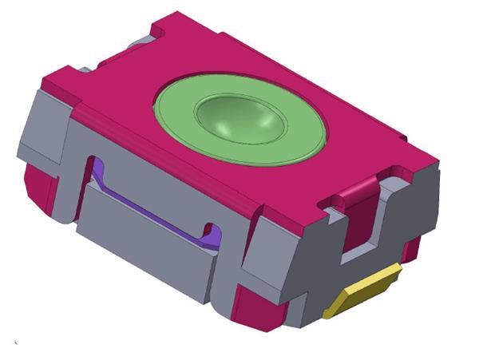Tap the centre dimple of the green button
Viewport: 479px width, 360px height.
242,120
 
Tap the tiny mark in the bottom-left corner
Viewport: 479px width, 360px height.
15,344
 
